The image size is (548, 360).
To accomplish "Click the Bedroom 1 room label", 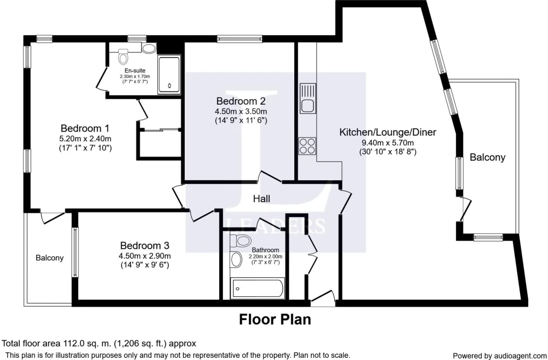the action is pos(85,128).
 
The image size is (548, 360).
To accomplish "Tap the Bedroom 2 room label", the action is pos(241,101).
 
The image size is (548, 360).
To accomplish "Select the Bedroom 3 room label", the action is pos(145,245).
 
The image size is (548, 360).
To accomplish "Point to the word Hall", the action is pos(261,199).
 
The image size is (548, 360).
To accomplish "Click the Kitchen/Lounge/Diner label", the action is pos(388,132).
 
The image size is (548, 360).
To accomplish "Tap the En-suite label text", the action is pos(135,71).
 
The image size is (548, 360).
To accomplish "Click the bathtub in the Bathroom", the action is pos(258,289).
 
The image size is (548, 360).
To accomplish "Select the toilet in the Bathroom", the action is pos(240,241).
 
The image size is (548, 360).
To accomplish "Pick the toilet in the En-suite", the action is pos(123,56).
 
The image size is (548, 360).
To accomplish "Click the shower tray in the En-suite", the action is pos(169,75).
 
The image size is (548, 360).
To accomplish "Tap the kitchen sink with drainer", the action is pos(308,98).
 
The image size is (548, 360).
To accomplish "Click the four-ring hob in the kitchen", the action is pos(307,146).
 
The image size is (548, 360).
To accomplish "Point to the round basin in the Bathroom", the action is pos(236,260).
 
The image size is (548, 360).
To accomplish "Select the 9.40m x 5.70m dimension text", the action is pos(388,143).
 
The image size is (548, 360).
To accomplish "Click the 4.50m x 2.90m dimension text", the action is pos(145,256).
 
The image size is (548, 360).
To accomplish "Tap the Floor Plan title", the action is pos(275,319).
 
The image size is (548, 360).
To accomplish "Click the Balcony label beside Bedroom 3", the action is pos(50,258).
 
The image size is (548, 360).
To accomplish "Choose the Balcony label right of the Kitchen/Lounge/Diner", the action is pos(488,157).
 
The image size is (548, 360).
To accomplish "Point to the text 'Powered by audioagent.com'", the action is pos(499,356).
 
